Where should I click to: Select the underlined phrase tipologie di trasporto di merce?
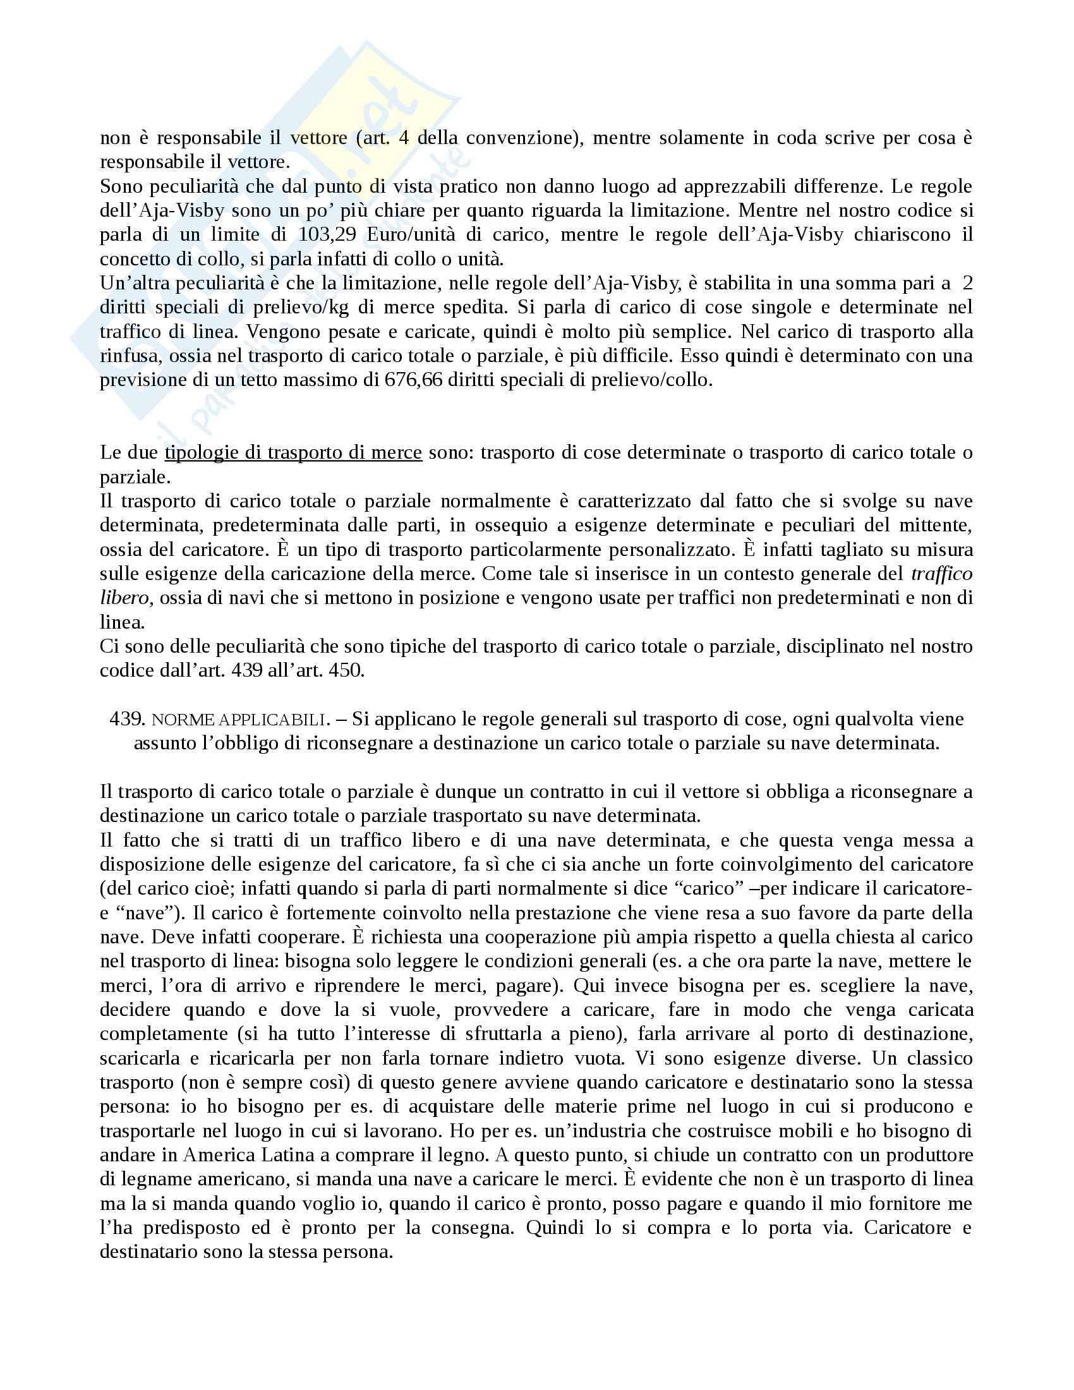pos(293,452)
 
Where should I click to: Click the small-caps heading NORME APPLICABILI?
pos(239,720)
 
